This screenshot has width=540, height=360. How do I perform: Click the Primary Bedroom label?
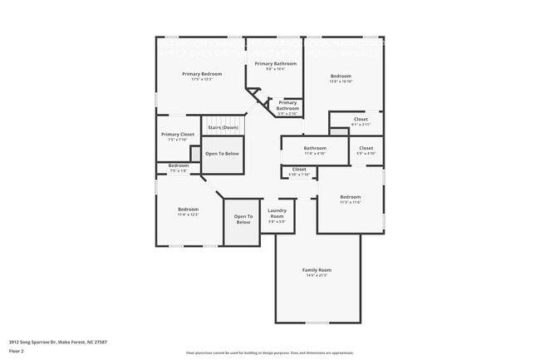click(202, 74)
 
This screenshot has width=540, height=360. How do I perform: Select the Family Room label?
click(317, 270)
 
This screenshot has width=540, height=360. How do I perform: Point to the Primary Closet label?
click(178, 135)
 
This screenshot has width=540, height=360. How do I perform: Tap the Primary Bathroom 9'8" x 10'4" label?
click(275, 64)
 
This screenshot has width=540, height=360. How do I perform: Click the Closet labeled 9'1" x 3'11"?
click(361, 120)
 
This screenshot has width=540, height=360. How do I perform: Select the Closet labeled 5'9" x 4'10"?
click(366, 149)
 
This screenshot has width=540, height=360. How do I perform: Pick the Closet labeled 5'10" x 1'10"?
click(299, 170)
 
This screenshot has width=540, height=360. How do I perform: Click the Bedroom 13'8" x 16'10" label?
click(341, 76)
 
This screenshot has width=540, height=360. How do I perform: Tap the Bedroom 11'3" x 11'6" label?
click(350, 197)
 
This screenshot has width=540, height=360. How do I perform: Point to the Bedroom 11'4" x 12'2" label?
click(188, 210)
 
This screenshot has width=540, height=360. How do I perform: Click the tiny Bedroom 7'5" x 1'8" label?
click(179, 165)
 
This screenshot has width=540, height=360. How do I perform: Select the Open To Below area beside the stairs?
click(222, 154)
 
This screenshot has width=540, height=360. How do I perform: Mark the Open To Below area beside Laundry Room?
click(243, 219)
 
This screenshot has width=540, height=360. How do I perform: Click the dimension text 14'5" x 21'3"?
click(317, 275)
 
